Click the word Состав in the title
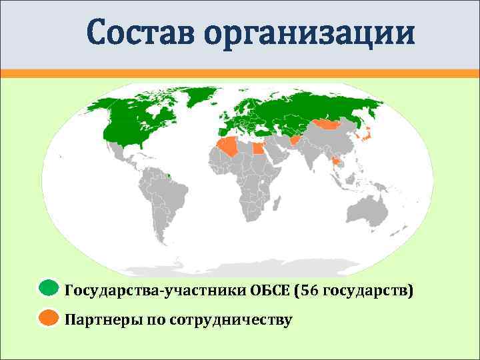point(140,33)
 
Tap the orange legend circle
point(48,318)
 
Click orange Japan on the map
point(365,136)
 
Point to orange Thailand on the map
point(334,161)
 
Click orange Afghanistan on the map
point(294,141)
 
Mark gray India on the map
point(307,156)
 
